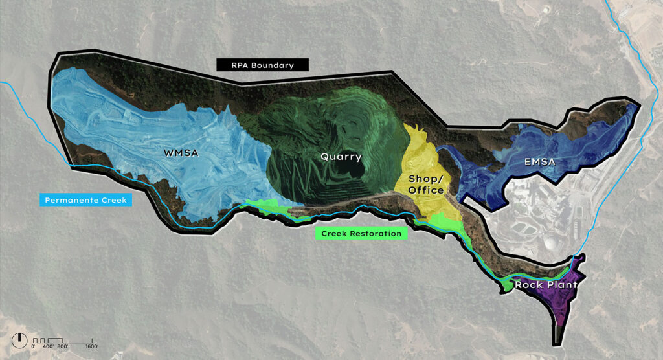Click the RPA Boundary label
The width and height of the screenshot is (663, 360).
tap(262, 65)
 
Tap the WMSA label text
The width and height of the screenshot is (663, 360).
tap(181, 153)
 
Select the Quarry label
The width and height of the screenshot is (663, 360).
tap(341, 156)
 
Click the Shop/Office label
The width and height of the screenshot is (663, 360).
tap(426, 184)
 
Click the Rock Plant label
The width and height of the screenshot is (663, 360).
tap(545, 284)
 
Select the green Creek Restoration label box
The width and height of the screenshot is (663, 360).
tap(361, 233)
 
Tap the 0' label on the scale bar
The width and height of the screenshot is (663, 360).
tap(33, 347)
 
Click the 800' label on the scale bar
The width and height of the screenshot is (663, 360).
tap(62, 347)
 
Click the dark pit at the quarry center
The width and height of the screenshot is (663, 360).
tap(355, 170)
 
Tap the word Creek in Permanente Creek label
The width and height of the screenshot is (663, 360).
tap(114, 201)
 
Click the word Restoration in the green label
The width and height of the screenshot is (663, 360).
tap(377, 233)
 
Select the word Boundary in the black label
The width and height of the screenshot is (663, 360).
tap(276, 65)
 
